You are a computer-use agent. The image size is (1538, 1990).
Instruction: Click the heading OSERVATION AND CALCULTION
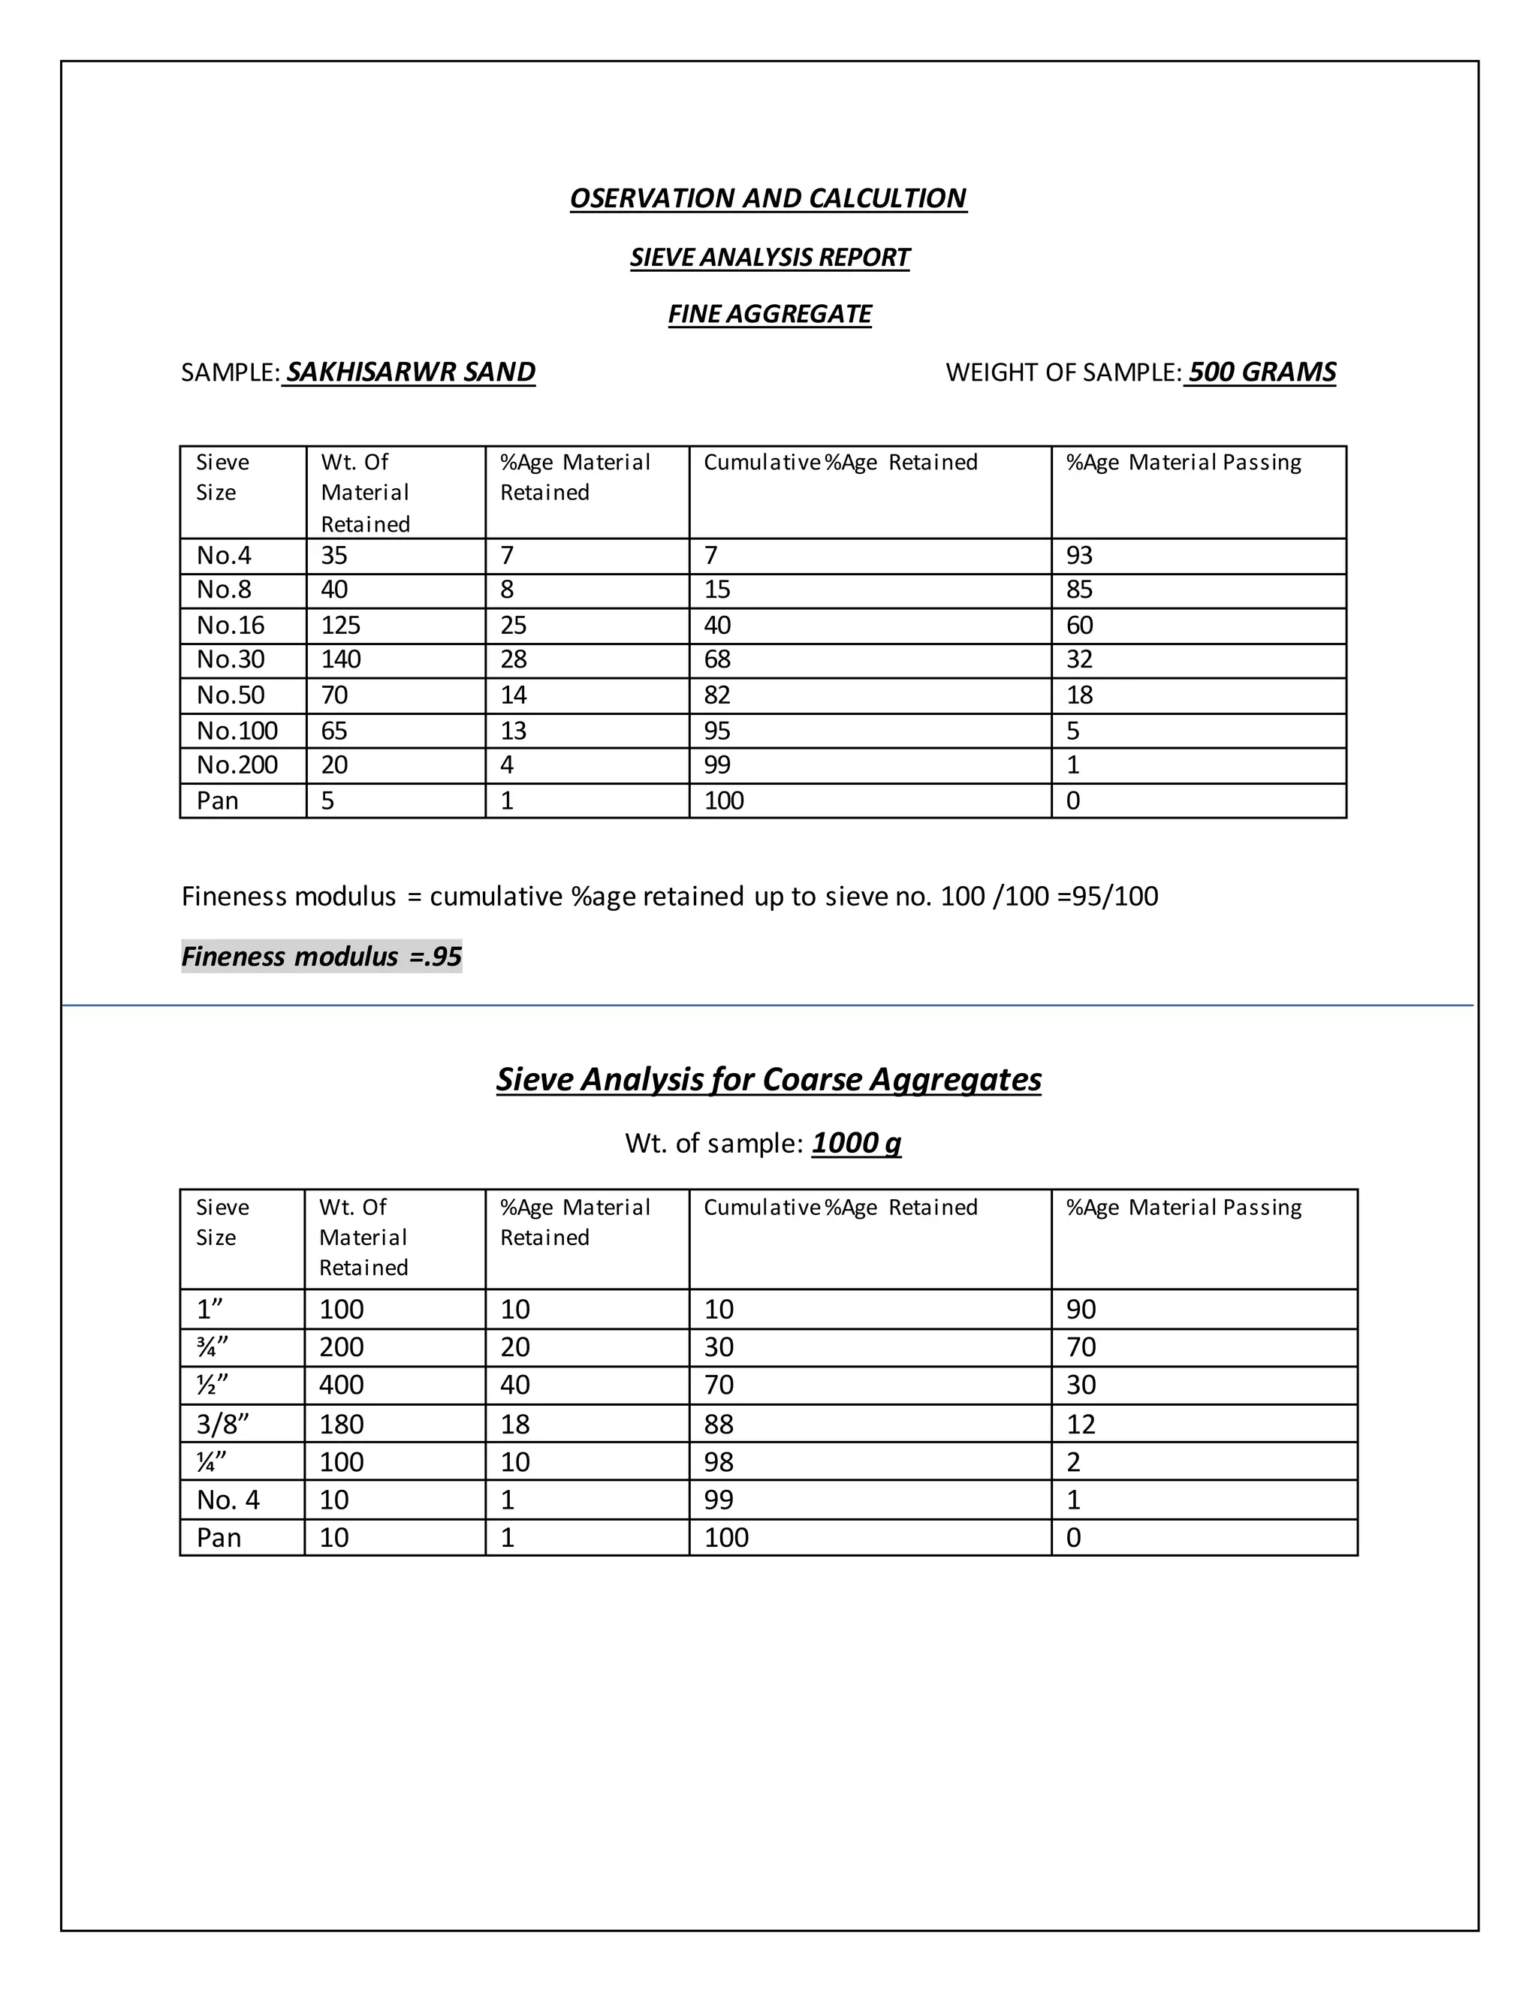[x=768, y=199]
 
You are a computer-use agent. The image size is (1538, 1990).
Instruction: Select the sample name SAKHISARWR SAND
[x=410, y=372]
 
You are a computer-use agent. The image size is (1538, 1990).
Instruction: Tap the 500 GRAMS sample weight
[x=1261, y=372]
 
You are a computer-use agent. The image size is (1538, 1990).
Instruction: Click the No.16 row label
[x=231, y=625]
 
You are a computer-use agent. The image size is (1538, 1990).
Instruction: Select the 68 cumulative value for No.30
[x=717, y=659]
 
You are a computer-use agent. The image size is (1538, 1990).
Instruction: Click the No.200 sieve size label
[x=237, y=764]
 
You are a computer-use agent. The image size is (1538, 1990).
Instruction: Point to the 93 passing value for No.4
[x=1079, y=555]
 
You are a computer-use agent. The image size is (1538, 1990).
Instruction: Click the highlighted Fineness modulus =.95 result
[x=321, y=956]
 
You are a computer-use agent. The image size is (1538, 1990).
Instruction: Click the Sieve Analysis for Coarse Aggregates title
[x=768, y=1079]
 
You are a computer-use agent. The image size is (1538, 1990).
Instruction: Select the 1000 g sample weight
[x=855, y=1143]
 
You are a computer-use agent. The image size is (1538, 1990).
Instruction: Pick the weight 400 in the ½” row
[x=341, y=1385]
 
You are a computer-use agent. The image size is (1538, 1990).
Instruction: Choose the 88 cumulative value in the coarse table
[x=718, y=1423]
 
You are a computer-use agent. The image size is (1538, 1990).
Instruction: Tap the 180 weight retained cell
[x=341, y=1423]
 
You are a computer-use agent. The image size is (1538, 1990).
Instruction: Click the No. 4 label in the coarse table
[x=228, y=1499]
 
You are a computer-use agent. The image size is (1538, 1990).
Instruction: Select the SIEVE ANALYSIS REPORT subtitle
[x=769, y=257]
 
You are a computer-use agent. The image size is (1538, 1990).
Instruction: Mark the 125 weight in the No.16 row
[x=341, y=625]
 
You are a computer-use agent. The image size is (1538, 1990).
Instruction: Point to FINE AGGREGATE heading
[x=769, y=315]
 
